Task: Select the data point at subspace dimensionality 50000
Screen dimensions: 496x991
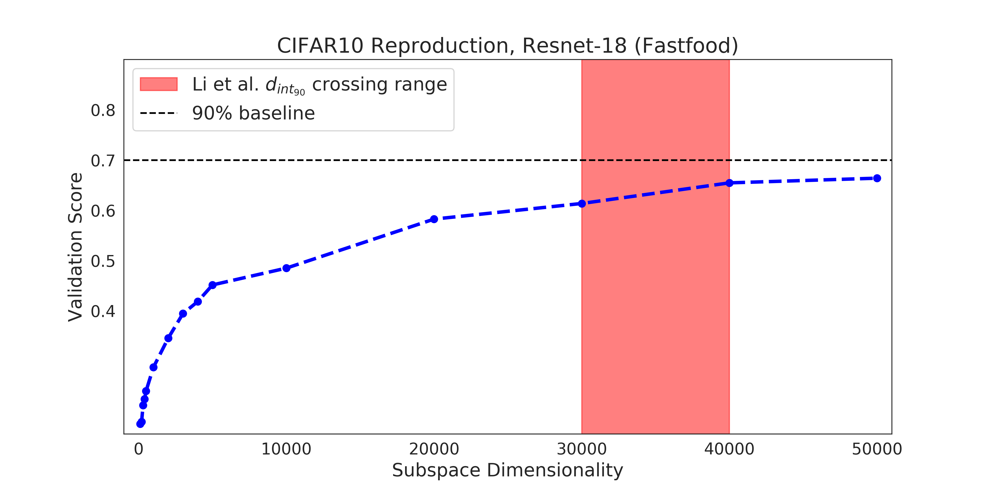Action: click(x=877, y=178)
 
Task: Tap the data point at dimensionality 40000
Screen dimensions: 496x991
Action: click(x=729, y=183)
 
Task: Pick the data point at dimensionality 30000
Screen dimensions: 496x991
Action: click(x=582, y=203)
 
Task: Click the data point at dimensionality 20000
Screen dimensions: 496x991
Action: click(x=434, y=219)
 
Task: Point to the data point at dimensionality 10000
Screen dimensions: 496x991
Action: click(x=286, y=268)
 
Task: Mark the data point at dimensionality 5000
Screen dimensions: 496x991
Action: click(x=212, y=285)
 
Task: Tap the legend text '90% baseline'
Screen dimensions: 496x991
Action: click(x=254, y=113)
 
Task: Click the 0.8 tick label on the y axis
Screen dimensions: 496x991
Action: click(x=103, y=111)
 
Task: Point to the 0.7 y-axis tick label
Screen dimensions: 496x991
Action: click(x=103, y=161)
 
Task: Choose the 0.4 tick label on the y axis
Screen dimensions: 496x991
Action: click(x=103, y=311)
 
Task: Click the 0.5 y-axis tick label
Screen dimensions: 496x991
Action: click(x=103, y=261)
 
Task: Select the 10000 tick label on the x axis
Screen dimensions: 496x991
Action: click(x=286, y=449)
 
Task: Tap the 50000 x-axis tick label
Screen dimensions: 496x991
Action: click(x=877, y=449)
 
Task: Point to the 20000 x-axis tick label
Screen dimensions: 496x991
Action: click(x=434, y=449)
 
